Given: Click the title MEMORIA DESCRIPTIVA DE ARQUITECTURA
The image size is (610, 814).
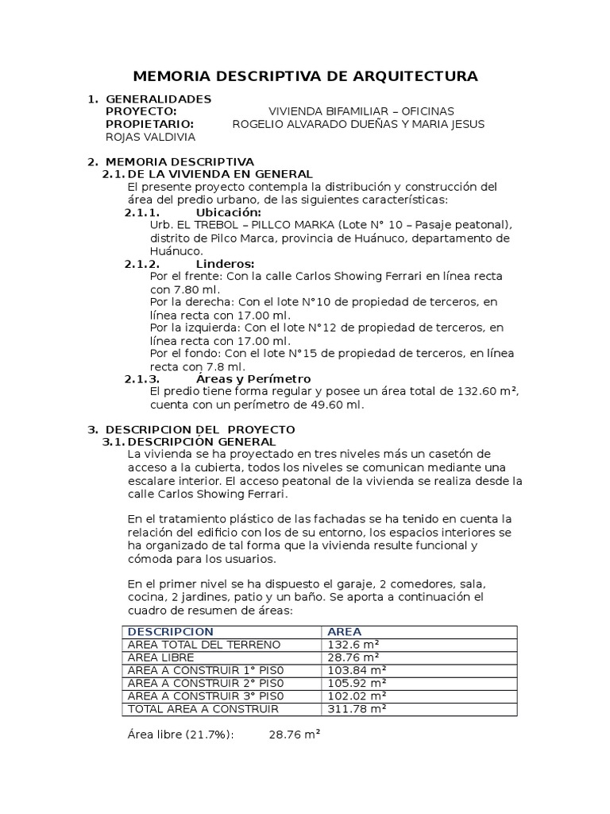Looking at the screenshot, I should coord(305,76).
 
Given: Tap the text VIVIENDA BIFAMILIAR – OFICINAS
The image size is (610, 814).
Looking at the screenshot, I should coord(361,111).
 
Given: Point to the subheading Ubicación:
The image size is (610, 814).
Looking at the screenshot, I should coord(228,213).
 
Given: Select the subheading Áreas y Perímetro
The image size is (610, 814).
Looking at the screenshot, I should coord(253,378).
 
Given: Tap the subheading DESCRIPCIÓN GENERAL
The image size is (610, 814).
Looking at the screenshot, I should coord(202,441).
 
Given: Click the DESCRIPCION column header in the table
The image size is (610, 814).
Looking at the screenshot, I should coord(170,631).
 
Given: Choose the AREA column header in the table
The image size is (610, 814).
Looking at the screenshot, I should coord(344,631).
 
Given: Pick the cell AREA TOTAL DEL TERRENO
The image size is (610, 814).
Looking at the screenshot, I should coord(203,645).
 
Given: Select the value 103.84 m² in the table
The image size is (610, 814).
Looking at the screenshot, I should coord(357,670).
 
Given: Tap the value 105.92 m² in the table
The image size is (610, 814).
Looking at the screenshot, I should coord(357,683).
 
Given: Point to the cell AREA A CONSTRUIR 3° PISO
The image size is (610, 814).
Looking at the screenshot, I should coord(205,696).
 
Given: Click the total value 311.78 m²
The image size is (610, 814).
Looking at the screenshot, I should coord(357,708).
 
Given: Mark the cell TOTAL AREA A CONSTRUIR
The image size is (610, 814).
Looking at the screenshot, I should coord(203,708).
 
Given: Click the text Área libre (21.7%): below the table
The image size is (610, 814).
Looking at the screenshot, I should coord(180,735).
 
